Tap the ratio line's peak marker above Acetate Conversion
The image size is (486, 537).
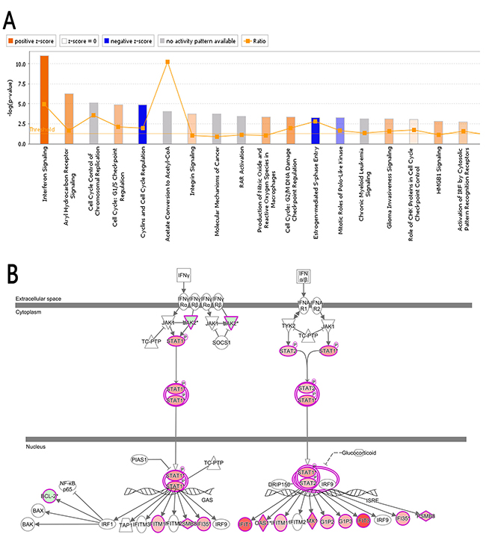click(167, 61)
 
